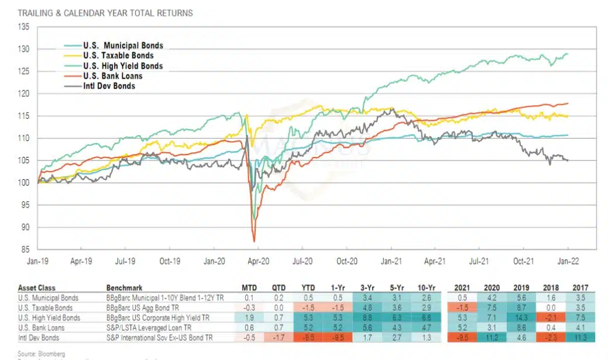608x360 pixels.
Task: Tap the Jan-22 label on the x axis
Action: point(568,262)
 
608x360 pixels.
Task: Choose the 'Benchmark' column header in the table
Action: point(124,288)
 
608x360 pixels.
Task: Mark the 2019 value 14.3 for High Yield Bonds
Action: point(519,317)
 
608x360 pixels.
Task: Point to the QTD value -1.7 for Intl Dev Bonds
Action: point(279,337)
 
